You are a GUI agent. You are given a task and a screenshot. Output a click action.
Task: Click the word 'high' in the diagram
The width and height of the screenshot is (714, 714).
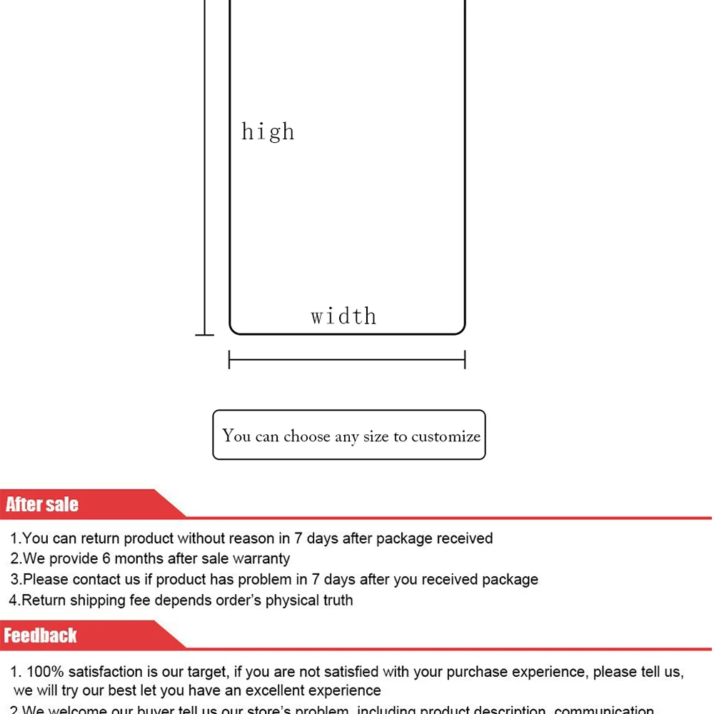point(268,131)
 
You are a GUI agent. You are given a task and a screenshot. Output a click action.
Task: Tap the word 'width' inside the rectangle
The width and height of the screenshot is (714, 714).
point(343,316)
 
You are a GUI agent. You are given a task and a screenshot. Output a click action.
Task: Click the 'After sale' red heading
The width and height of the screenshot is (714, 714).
point(42,505)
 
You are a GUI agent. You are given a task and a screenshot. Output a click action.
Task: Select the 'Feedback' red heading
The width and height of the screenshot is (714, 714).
point(41,635)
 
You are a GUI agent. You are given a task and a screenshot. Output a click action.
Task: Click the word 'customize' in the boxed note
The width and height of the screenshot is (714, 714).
point(446,436)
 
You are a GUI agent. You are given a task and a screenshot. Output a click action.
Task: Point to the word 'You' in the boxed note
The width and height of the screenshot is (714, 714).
point(236,436)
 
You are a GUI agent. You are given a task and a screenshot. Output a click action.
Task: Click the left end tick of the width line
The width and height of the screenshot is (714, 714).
point(229,359)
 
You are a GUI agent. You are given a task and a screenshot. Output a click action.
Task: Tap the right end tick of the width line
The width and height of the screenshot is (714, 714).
point(465,359)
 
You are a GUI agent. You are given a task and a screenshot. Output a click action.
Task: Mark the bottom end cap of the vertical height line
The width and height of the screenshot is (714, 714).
point(205,334)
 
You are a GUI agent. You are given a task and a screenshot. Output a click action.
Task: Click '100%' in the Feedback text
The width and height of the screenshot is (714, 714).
point(45,671)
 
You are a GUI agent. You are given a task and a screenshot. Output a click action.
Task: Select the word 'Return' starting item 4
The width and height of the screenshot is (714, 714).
point(44,600)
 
